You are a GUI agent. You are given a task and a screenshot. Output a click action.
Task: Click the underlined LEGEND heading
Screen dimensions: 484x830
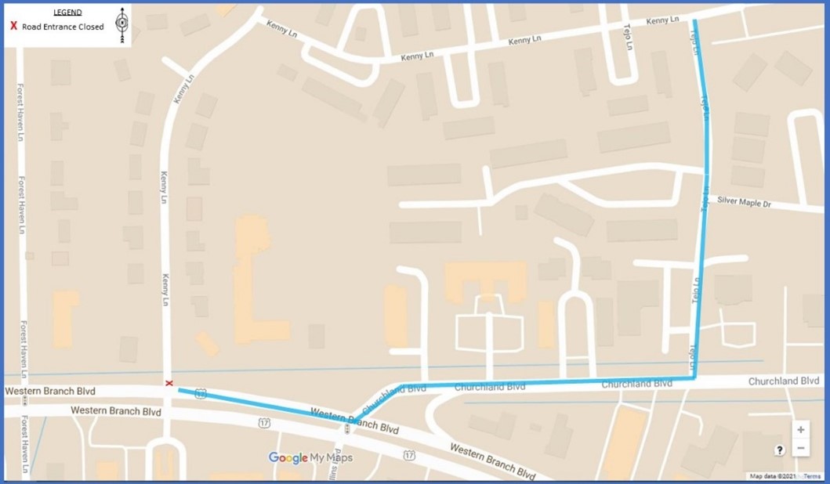(67, 13)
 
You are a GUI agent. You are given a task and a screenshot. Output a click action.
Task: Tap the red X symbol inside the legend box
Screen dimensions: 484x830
(13, 27)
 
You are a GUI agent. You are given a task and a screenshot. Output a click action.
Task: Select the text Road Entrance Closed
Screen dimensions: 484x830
(63, 27)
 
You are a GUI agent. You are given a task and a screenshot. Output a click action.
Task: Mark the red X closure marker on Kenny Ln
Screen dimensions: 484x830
(169, 383)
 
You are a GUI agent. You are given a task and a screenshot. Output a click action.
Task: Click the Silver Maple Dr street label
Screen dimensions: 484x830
(744, 203)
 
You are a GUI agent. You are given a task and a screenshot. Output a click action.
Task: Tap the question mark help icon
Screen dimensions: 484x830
(780, 450)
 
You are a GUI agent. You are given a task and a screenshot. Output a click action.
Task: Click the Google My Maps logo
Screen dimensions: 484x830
(310, 458)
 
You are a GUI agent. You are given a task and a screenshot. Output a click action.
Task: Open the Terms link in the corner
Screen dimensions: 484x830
(811, 476)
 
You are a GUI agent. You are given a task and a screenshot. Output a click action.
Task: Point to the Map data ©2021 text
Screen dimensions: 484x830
(774, 476)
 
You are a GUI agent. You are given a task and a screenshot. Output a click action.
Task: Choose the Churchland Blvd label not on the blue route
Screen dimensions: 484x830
(783, 381)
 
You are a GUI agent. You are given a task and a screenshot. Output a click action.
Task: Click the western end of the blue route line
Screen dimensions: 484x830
(179, 390)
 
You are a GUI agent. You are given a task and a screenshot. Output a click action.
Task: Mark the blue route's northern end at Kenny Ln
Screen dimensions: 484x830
(694, 21)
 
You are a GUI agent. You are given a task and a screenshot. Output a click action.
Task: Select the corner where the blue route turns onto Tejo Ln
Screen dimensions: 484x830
(694, 378)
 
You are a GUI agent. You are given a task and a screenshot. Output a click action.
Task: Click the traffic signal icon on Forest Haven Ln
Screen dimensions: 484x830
(24, 400)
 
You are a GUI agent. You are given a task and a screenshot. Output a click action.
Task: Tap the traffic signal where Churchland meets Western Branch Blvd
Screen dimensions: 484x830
(346, 428)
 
